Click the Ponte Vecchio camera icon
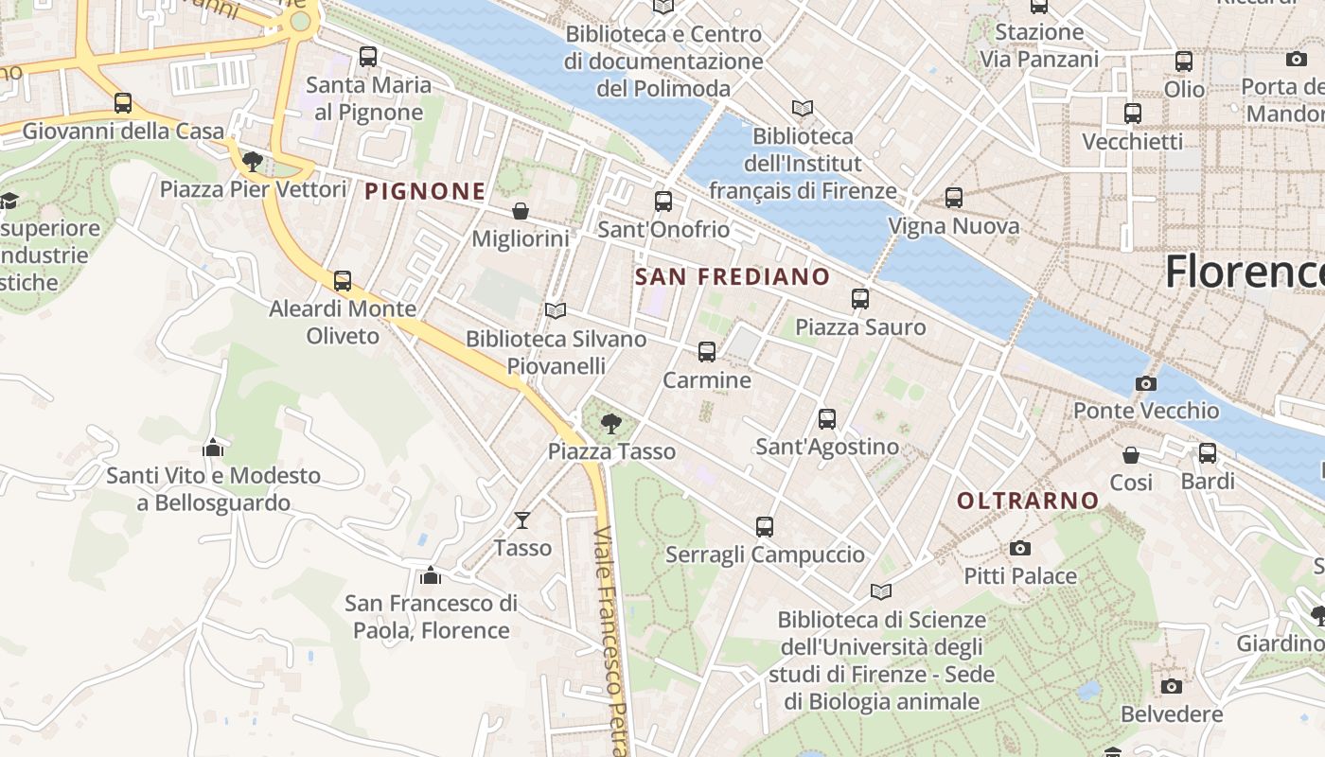[1145, 383]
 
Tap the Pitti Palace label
[1020, 575]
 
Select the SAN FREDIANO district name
[733, 277]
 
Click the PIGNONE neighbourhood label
[425, 191]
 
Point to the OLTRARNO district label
[1028, 501]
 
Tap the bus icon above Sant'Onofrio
[663, 202]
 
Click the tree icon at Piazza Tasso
[611, 424]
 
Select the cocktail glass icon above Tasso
[521, 519]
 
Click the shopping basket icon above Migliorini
[520, 210]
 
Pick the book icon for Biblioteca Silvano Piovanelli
[556, 310]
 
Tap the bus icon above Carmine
[707, 352]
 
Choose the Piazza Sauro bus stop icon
[860, 299]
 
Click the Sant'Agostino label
[827, 446]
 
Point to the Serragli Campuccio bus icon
[765, 527]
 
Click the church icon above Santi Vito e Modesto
[213, 447]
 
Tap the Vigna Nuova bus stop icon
[954, 198]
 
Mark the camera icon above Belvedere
[1172, 686]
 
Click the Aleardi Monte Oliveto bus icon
[343, 281]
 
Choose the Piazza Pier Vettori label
[253, 188]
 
